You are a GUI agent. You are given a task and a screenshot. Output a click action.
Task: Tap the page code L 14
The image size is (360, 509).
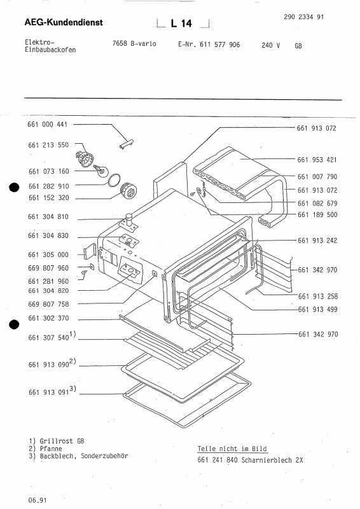coord(181,24)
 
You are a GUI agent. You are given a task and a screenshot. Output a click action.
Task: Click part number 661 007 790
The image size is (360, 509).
coord(317,176)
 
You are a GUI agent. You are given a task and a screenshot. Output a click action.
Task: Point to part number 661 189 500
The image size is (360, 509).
coord(317,214)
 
